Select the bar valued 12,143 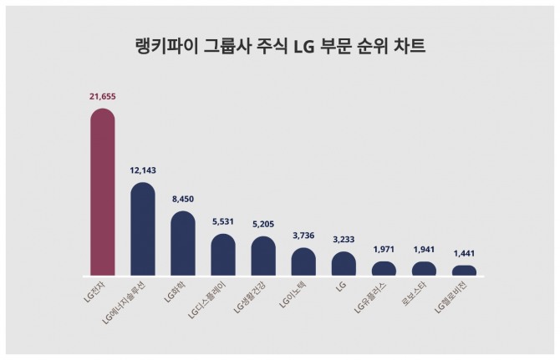pyautogui.click(x=143, y=231)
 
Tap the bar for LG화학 pyautogui.click(x=183, y=245)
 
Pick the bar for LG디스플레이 pyautogui.click(x=223, y=256)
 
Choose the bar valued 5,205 pyautogui.click(x=263, y=257)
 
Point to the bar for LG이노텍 pyautogui.click(x=303, y=262)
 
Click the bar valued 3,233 pyautogui.click(x=344, y=265)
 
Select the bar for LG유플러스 pyautogui.click(x=384, y=269)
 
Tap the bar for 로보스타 pyautogui.click(x=424, y=269)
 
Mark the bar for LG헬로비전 pyautogui.click(x=464, y=271)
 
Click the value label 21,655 pyautogui.click(x=103, y=97)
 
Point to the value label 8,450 pyautogui.click(x=183, y=200)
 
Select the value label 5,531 pyautogui.click(x=223, y=223)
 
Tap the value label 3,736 pyautogui.click(x=303, y=237)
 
